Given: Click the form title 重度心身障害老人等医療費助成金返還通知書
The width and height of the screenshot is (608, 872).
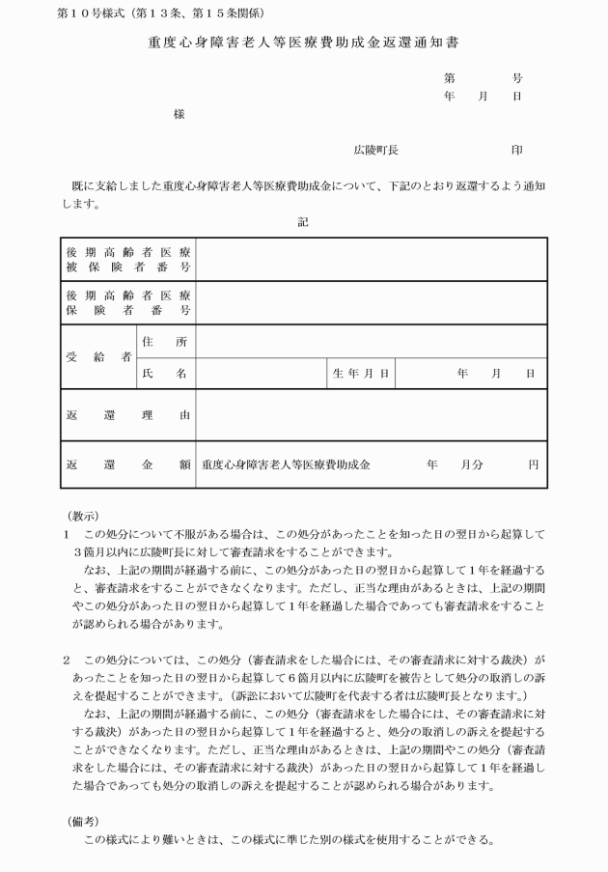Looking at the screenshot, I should click(x=305, y=44).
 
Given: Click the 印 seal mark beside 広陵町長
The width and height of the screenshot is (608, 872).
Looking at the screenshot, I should click(x=517, y=151).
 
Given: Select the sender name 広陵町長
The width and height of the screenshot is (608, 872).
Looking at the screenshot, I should click(x=375, y=151).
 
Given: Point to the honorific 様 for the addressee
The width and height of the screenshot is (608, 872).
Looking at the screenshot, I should click(x=179, y=114).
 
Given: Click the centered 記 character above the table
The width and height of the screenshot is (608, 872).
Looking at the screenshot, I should click(x=303, y=221).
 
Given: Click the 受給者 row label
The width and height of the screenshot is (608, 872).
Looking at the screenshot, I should click(x=97, y=357).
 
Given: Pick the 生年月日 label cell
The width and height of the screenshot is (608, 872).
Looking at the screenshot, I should click(x=361, y=373).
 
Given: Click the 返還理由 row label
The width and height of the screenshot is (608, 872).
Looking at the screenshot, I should click(x=127, y=415).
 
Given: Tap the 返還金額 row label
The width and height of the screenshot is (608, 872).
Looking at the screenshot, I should click(x=127, y=464).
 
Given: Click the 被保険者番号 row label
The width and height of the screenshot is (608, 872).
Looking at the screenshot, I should click(x=127, y=260).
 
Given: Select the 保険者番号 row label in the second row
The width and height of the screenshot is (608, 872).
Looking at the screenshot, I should click(x=127, y=302).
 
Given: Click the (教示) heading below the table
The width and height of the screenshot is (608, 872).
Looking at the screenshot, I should click(x=83, y=516).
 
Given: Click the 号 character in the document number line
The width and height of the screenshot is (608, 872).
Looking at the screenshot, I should click(x=517, y=77).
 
